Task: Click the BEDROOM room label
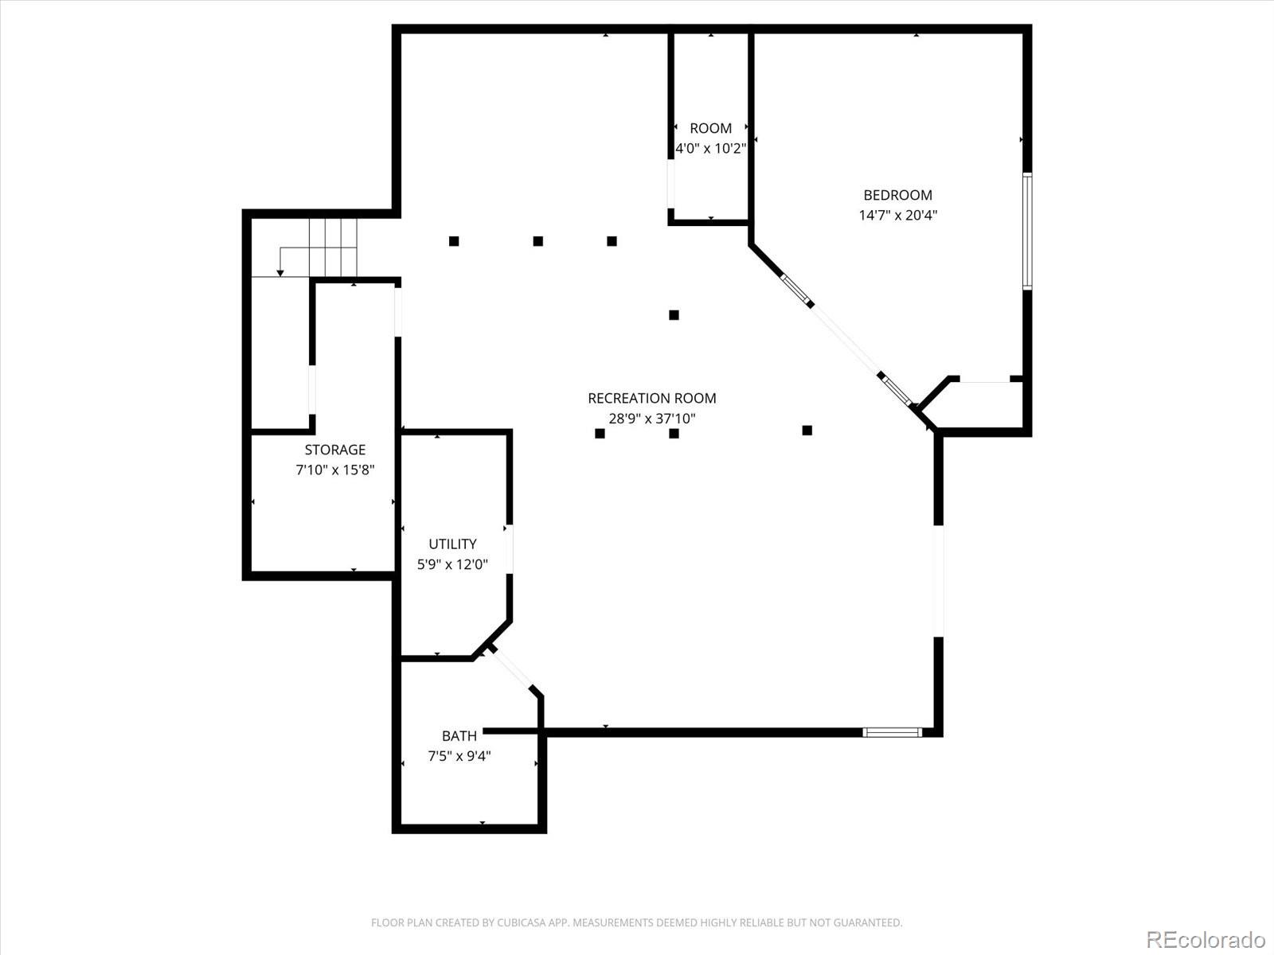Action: (x=897, y=195)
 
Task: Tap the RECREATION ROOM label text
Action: (x=651, y=398)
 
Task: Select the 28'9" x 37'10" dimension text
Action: (x=651, y=419)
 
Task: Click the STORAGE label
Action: (x=334, y=450)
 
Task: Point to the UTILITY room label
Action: (x=452, y=544)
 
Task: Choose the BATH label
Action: (x=459, y=735)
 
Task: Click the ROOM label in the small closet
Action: (x=710, y=128)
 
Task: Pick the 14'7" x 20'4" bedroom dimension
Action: (x=897, y=215)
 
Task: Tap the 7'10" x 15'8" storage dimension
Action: (x=334, y=470)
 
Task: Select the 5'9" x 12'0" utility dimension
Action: (x=452, y=564)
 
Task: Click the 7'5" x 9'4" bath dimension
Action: (x=459, y=756)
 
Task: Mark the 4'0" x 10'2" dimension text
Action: (x=710, y=148)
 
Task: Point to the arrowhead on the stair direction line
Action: (x=280, y=273)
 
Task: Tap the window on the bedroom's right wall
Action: (x=1027, y=231)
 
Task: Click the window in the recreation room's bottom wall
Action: (x=892, y=732)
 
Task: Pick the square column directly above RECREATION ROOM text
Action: (x=674, y=315)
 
